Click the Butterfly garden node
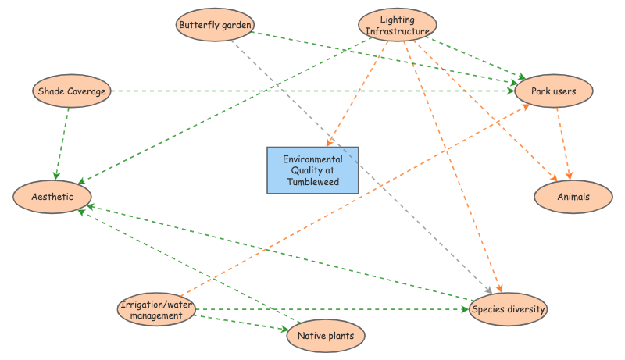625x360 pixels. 215,25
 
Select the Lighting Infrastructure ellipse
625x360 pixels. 397,25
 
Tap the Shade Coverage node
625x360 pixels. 71,91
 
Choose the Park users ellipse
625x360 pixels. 553,91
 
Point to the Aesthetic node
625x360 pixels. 53,197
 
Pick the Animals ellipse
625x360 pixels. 573,197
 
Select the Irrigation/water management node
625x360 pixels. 156,310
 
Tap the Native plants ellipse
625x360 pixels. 326,337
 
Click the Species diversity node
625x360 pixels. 509,310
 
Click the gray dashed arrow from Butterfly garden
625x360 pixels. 359,164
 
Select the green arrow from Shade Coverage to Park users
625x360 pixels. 312,91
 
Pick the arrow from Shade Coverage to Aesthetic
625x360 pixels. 62,141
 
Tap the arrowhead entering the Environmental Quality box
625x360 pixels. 330,144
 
